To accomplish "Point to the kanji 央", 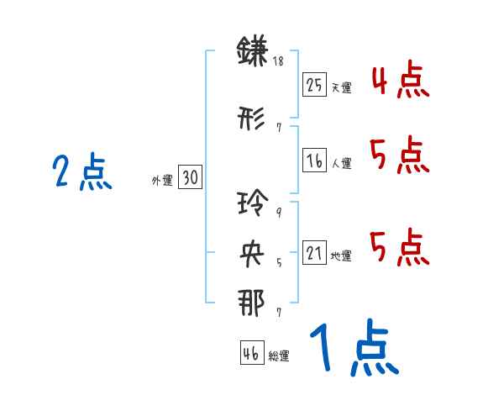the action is [253, 253].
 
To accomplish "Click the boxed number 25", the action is [315, 84].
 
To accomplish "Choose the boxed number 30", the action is [190, 177].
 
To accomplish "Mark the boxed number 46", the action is [250, 354].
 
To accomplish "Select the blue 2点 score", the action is [81, 173].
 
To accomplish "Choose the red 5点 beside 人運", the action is [399, 153].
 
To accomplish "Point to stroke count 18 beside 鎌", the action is [279, 61].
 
